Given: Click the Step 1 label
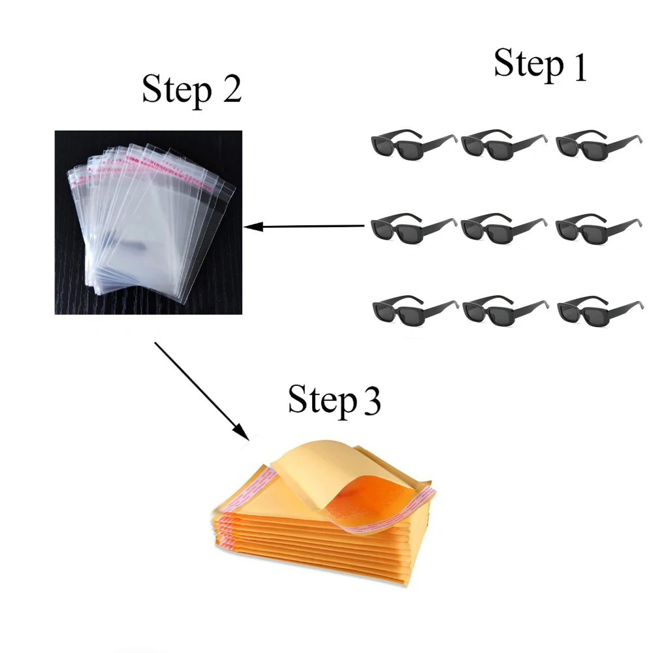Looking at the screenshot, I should click(540, 65).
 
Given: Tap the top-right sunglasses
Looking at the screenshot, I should click(597, 143).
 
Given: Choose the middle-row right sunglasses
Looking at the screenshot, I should click(597, 226).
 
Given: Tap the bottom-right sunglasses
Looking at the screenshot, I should click(597, 308).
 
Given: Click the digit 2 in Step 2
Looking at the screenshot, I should click(231, 89).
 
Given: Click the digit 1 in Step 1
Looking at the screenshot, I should click(579, 67).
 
